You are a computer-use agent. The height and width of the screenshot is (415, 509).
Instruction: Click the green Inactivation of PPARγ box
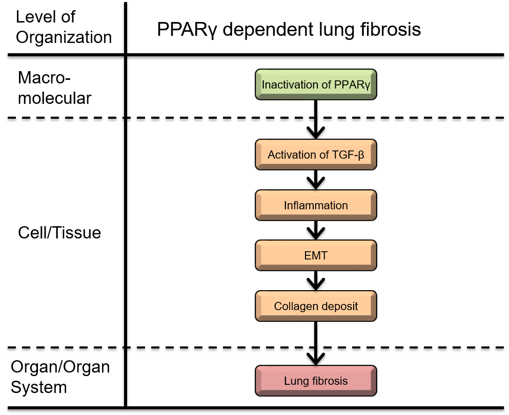click(316, 84)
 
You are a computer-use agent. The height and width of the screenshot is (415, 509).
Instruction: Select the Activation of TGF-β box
click(316, 155)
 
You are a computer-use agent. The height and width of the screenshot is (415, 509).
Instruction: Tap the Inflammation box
click(316, 205)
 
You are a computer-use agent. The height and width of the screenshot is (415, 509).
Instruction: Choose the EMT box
click(316, 255)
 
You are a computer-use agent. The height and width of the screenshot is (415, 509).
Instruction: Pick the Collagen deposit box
click(316, 306)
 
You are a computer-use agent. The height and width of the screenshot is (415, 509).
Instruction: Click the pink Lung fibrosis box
click(316, 381)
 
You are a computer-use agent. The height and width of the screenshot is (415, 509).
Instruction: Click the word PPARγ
click(352, 85)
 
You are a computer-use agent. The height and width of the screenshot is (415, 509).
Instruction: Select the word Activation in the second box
click(292, 155)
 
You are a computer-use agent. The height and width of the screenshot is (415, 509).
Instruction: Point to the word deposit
click(338, 307)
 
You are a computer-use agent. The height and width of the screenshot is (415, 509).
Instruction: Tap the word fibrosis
click(329, 381)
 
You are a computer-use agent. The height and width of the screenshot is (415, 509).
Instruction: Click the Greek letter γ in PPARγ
click(367, 85)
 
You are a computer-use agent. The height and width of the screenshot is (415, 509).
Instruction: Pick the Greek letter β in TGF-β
click(361, 155)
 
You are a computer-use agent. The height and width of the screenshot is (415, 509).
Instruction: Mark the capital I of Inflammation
click(286, 205)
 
